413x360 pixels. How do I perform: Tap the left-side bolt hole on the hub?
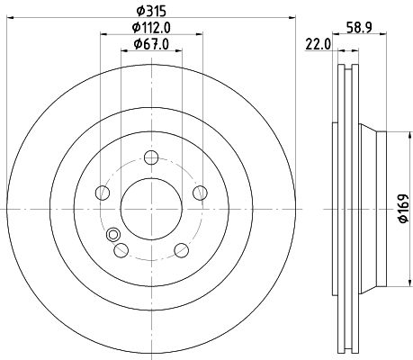[x=103, y=193]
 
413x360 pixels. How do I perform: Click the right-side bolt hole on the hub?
[x=200, y=193]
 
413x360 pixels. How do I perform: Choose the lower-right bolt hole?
[x=181, y=250]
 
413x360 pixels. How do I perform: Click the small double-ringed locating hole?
[x=113, y=237]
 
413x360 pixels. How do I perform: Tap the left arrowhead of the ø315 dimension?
[x=11, y=20]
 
